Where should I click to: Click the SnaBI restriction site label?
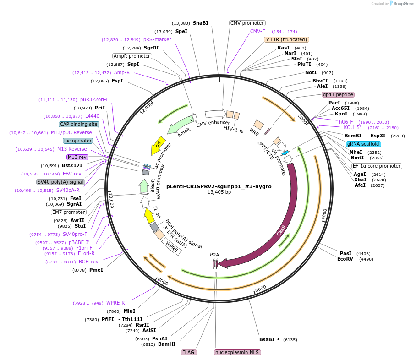click(x=201, y=23)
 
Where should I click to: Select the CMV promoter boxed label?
click(x=247, y=23)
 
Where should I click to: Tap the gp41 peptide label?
click(x=338, y=94)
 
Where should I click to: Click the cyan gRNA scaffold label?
click(x=363, y=144)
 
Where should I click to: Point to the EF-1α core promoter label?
click(x=377, y=166)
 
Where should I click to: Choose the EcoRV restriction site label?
click(x=345, y=259)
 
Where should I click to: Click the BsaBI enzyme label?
click(x=267, y=339)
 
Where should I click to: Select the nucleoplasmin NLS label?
click(x=237, y=352)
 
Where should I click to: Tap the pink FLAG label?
click(x=189, y=352)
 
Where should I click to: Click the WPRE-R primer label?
click(x=115, y=303)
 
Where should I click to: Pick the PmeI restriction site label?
click(x=96, y=270)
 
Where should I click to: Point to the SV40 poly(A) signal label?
click(x=60, y=182)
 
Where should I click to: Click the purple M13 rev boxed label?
click(x=77, y=157)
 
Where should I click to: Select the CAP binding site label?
click(x=79, y=124)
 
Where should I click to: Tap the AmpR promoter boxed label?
click(x=132, y=56)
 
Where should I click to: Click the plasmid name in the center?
click(x=219, y=186)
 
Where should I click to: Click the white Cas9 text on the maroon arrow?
click(x=281, y=230)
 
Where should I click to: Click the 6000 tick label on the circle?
click(x=261, y=289)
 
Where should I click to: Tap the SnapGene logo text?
click(x=404, y=4)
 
